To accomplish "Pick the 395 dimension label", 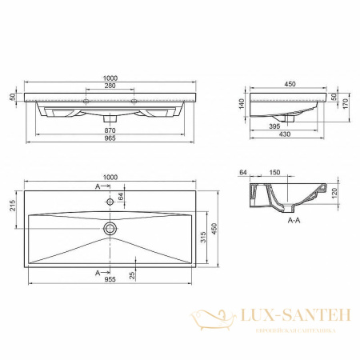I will point(274,126).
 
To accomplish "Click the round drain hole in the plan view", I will point(110,228).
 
